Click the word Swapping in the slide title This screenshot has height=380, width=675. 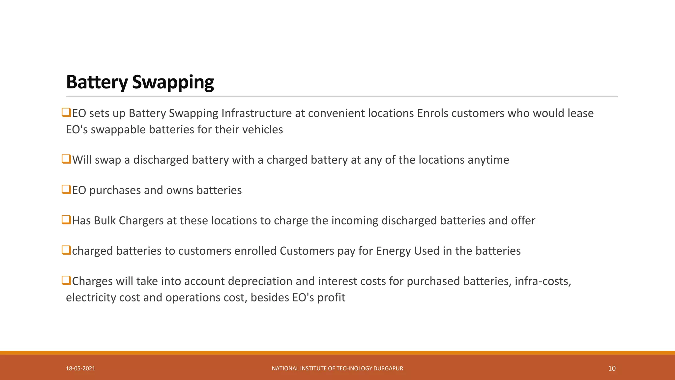[x=173, y=82]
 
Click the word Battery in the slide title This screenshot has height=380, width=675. [x=97, y=82]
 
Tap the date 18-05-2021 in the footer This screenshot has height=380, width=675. [x=80, y=368]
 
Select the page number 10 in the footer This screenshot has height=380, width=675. [x=612, y=368]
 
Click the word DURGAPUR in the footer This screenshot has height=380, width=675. [x=388, y=368]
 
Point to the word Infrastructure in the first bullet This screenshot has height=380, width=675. [x=256, y=113]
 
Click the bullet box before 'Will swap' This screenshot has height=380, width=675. [x=66, y=159]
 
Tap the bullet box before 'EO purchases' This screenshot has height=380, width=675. [x=66, y=189]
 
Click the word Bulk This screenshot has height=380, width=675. [x=104, y=221]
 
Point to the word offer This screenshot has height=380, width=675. [x=523, y=221]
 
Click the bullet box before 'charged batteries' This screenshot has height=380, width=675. [x=66, y=250]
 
